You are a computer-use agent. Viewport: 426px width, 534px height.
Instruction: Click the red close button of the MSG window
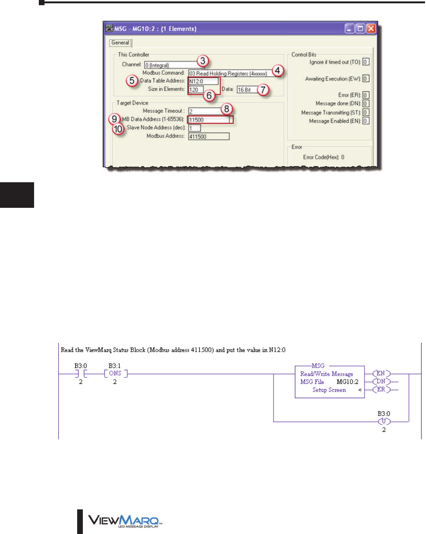(371, 29)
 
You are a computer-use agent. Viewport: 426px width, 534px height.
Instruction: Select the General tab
(120, 43)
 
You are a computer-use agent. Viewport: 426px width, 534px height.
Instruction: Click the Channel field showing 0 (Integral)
(171, 65)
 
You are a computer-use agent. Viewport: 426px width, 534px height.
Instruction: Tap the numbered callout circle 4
(278, 71)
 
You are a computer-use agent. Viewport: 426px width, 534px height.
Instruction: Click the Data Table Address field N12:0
(203, 81)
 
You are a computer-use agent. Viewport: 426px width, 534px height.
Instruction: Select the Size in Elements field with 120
(196, 89)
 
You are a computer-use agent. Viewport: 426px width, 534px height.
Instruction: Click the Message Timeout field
(204, 111)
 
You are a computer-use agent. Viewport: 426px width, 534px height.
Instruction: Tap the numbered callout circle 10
(118, 129)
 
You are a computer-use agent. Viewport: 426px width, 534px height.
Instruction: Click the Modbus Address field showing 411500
(208, 136)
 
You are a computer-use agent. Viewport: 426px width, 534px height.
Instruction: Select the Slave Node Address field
(194, 128)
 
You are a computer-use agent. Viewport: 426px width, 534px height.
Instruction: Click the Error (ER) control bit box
(366, 95)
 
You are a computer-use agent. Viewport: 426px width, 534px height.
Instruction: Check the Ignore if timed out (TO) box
(366, 62)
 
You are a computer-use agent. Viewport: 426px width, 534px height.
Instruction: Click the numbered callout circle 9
(114, 119)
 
